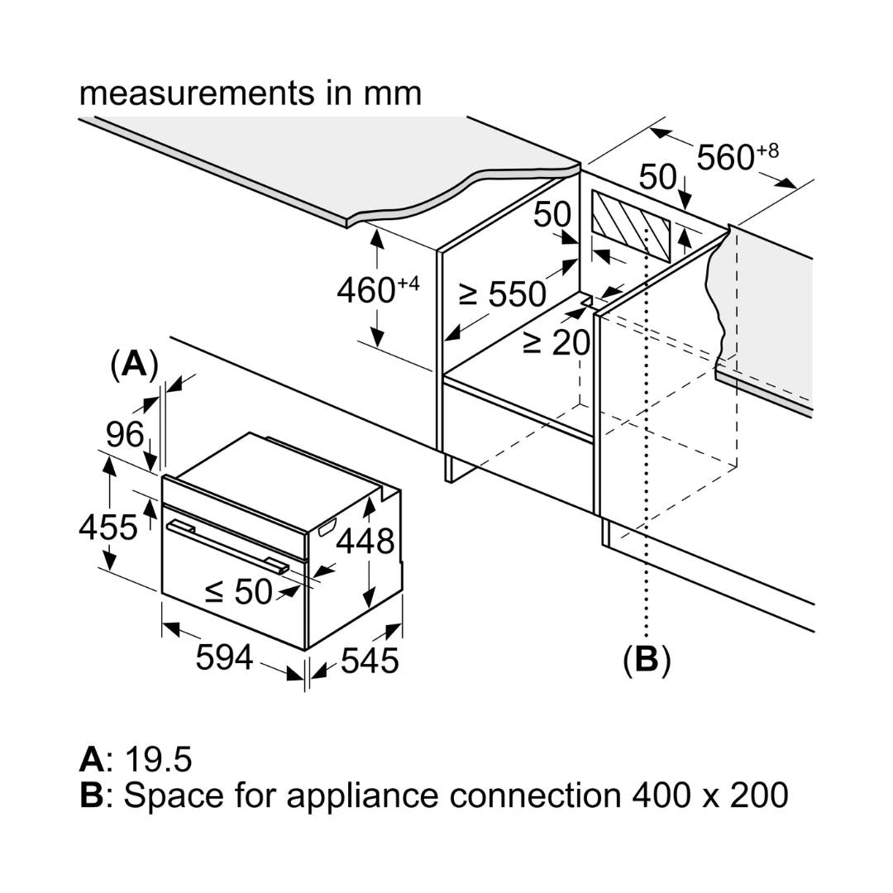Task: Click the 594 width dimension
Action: [224, 658]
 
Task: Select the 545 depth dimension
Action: [370, 661]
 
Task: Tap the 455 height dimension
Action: [107, 527]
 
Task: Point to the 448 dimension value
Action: [365, 542]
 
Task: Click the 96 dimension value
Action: [124, 434]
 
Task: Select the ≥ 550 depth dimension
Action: [502, 294]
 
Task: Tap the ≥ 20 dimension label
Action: [556, 341]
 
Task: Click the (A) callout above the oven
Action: [134, 364]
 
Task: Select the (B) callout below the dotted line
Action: [646, 659]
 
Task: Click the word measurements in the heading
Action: [194, 93]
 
